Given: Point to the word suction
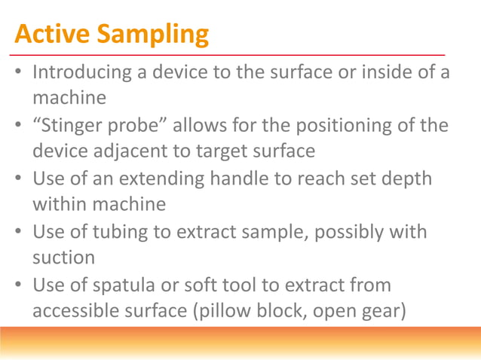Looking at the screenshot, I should click(x=63, y=258).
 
